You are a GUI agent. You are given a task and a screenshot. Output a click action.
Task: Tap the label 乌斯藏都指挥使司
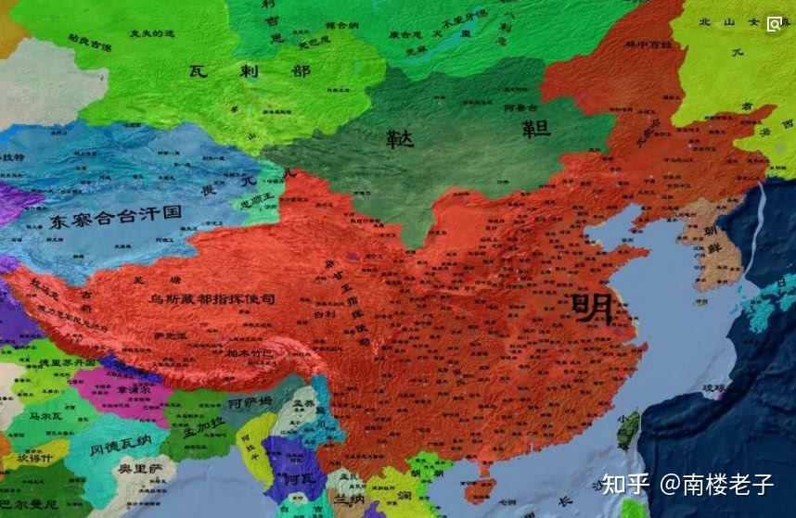(212, 298)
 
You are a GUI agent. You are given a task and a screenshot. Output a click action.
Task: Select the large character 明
(593, 309)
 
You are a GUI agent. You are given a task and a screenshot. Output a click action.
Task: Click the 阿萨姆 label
(250, 402)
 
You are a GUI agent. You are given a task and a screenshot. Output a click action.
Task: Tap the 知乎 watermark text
(626, 484)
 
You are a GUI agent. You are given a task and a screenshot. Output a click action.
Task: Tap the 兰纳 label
(352, 499)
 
